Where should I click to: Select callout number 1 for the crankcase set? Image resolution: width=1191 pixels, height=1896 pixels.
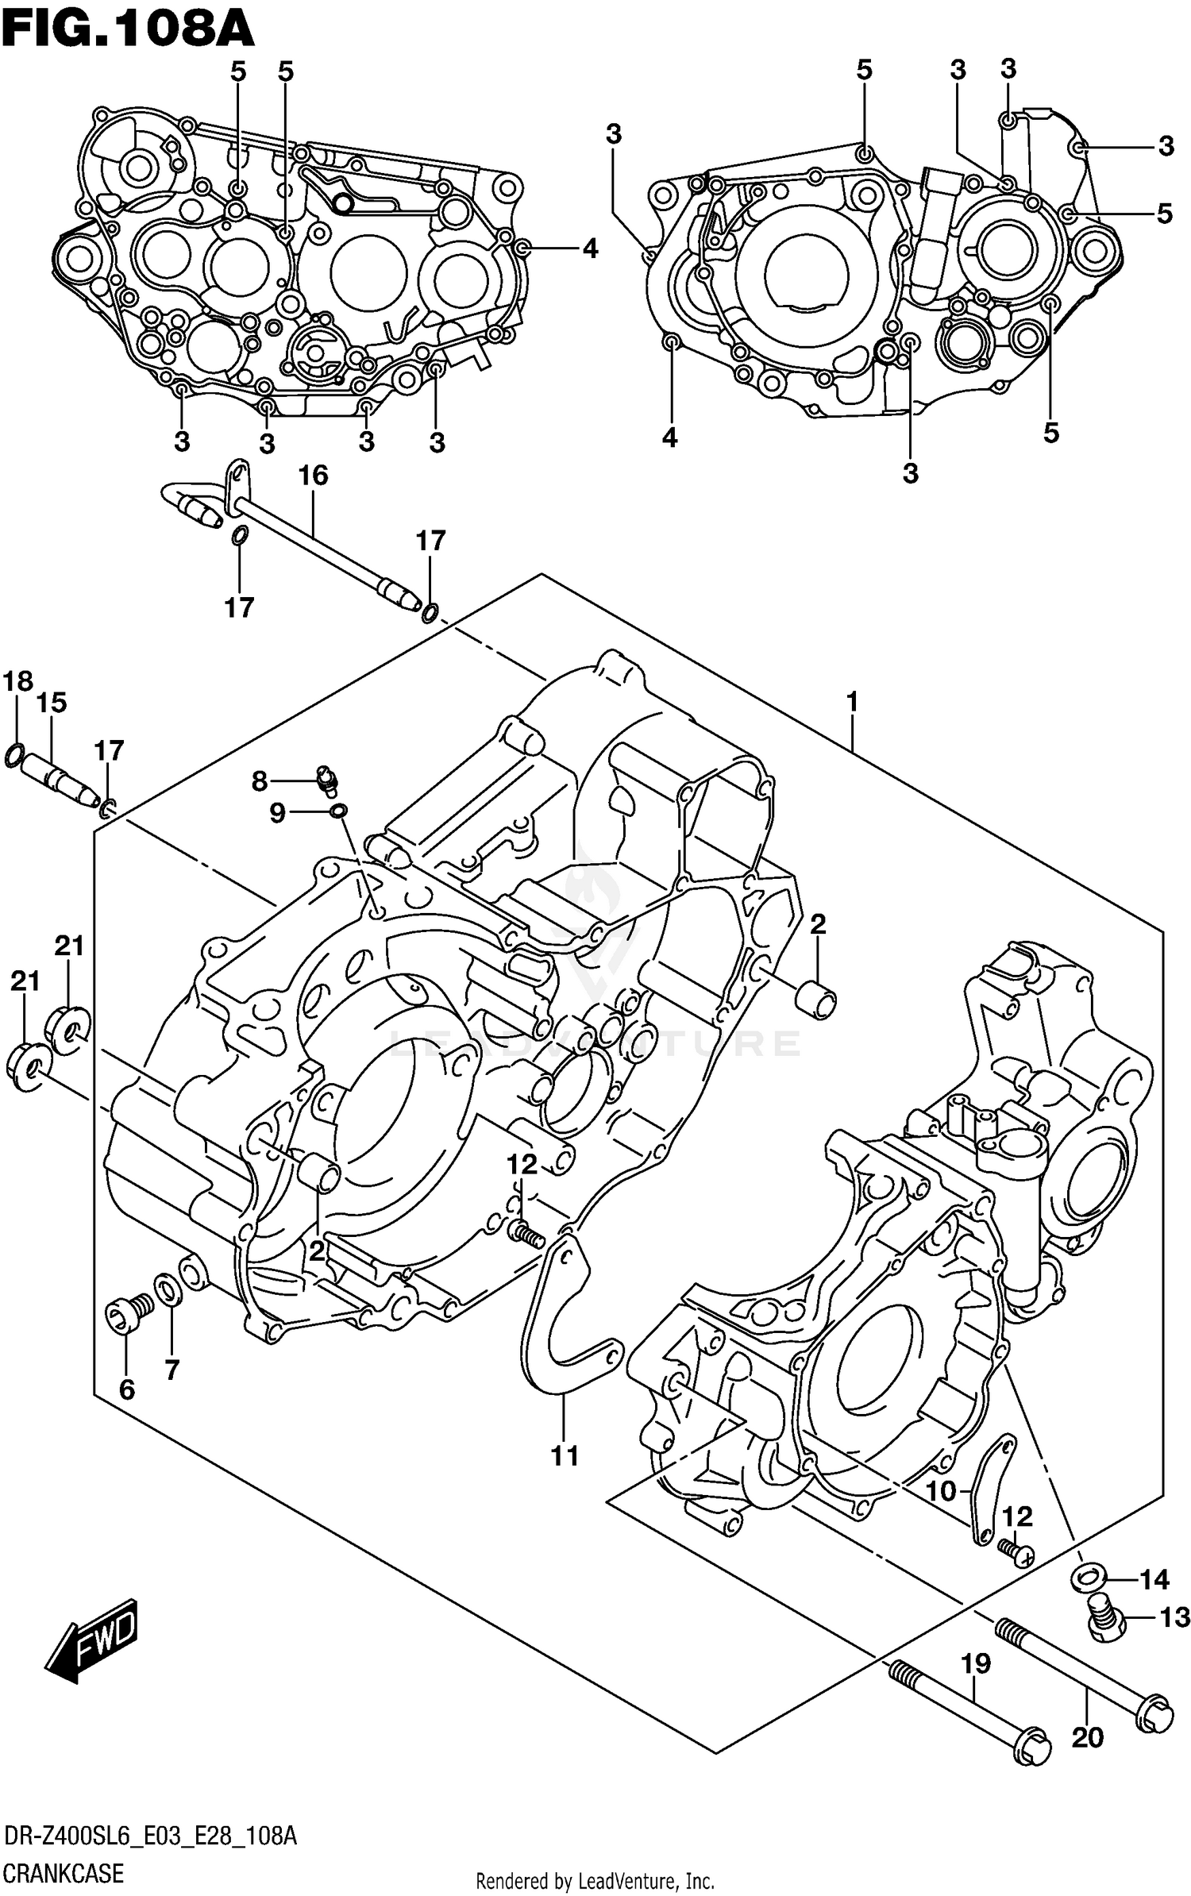point(852,702)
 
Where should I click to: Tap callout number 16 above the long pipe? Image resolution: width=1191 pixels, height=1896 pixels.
point(313,476)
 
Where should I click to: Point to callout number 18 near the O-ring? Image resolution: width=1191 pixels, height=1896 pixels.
point(17,681)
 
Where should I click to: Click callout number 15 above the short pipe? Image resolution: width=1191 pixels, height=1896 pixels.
point(52,703)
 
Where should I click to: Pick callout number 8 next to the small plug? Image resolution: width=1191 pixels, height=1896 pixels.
point(259,782)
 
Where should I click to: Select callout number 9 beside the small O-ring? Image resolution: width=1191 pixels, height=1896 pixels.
point(276,813)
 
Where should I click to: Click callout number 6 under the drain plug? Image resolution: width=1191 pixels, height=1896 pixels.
point(126,1389)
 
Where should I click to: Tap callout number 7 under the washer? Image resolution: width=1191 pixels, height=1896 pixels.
point(172,1369)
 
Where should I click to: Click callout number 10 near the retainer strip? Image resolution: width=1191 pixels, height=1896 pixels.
point(941,1491)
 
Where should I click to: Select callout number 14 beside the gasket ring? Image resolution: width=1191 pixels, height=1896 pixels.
point(1154,1580)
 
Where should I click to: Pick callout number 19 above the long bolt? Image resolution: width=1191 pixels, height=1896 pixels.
point(977,1663)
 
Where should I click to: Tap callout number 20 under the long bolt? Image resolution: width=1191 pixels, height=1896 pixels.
point(1087,1738)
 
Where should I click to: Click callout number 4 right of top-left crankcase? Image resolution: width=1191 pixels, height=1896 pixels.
point(589,249)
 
